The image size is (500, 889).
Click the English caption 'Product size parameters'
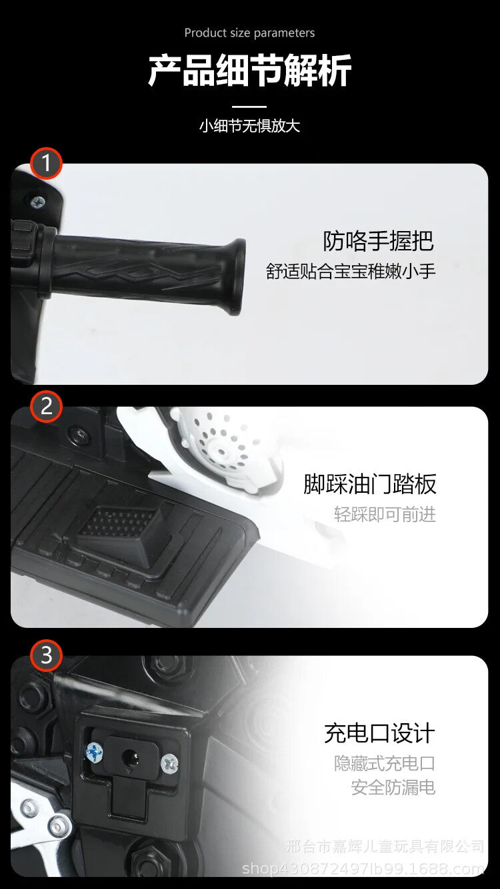pyautogui.click(x=249, y=33)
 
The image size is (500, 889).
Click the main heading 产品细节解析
pyautogui.click(x=249, y=71)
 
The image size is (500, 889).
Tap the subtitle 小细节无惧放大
pyautogui.click(x=249, y=126)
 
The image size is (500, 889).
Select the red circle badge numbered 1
pyautogui.click(x=46, y=163)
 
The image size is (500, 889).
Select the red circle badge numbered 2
pyautogui.click(x=46, y=406)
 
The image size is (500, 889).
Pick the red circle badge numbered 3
pyautogui.click(x=46, y=655)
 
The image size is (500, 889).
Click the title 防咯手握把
pyautogui.click(x=378, y=241)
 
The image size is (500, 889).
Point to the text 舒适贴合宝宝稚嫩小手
pyautogui.click(x=351, y=272)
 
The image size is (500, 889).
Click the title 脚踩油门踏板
pyautogui.click(x=370, y=484)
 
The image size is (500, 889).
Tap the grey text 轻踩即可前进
pyautogui.click(x=385, y=514)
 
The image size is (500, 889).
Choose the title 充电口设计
pyautogui.click(x=379, y=733)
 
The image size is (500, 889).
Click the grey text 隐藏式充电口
pyautogui.click(x=385, y=763)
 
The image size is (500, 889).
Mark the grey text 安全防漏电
pyautogui.click(x=393, y=787)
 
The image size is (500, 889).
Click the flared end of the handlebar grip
pyautogui.click(x=235, y=276)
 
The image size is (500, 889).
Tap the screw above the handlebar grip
pyautogui.click(x=38, y=202)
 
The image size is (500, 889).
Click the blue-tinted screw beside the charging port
pyautogui.click(x=94, y=751)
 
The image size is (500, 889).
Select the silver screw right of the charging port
pyautogui.click(x=169, y=762)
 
